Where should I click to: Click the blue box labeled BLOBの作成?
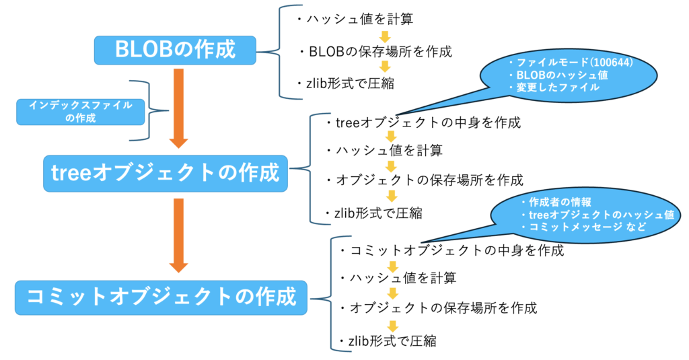(x=175, y=50)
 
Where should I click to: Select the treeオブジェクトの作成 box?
(x=166, y=173)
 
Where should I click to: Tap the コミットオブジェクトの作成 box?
(x=161, y=297)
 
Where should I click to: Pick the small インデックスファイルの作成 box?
(x=81, y=112)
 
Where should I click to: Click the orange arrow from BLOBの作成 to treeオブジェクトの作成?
(x=178, y=108)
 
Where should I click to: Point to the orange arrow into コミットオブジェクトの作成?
(x=178, y=236)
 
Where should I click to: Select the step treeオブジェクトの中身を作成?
(x=424, y=122)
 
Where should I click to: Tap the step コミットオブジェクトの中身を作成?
(x=452, y=250)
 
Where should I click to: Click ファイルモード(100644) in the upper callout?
(x=571, y=63)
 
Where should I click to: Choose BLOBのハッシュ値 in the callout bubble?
(x=558, y=75)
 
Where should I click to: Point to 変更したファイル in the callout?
(x=554, y=87)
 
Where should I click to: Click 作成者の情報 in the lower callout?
(x=556, y=202)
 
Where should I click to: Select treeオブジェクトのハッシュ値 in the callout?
(x=598, y=215)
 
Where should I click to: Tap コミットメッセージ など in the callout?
(x=584, y=227)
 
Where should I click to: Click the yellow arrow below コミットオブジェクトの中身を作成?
(x=392, y=266)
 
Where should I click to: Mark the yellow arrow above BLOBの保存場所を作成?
(x=385, y=36)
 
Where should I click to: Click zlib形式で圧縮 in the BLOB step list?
(x=346, y=83)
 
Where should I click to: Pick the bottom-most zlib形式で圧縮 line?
(x=388, y=340)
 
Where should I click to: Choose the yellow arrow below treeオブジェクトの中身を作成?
(x=391, y=137)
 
